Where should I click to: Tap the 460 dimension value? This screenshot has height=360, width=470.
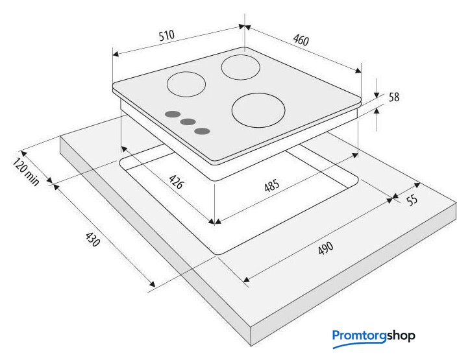pyautogui.click(x=300, y=40)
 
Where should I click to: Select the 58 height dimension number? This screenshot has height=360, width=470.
pyautogui.click(x=393, y=97)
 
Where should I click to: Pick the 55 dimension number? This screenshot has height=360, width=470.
pyautogui.click(x=412, y=200)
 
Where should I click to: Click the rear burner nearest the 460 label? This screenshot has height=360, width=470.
pyautogui.click(x=241, y=67)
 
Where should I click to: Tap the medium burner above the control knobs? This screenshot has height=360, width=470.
pyautogui.click(x=186, y=85)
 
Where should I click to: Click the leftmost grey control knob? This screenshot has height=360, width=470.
pyautogui.click(x=172, y=114)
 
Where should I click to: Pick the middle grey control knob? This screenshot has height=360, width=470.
pyautogui.click(x=188, y=122)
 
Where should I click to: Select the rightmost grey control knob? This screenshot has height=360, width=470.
pyautogui.click(x=203, y=130)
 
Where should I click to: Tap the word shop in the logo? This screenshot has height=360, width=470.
pyautogui.click(x=401, y=336)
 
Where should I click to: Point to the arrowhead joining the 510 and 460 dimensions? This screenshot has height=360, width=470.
pyautogui.click(x=244, y=27)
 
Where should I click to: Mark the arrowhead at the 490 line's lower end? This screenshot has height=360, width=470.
pyautogui.click(x=246, y=282)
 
